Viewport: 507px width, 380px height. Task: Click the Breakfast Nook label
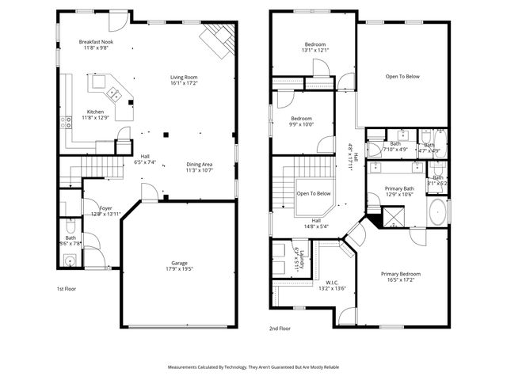tap(97, 44)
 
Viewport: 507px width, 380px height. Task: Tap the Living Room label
tap(184, 80)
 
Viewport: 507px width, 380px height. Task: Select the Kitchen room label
tap(96, 115)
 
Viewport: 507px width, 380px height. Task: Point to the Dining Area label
tap(199, 167)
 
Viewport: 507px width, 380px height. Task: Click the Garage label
tap(179, 266)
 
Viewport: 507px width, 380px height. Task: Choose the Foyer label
tap(105, 211)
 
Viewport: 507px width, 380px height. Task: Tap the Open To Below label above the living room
tap(402, 77)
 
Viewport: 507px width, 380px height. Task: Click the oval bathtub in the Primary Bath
tap(436, 211)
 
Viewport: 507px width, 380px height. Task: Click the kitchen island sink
tap(114, 95)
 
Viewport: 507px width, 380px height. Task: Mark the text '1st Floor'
tap(67, 289)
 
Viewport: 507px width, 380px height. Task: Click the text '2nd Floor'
tap(280, 327)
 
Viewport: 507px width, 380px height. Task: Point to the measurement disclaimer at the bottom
tap(253, 367)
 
